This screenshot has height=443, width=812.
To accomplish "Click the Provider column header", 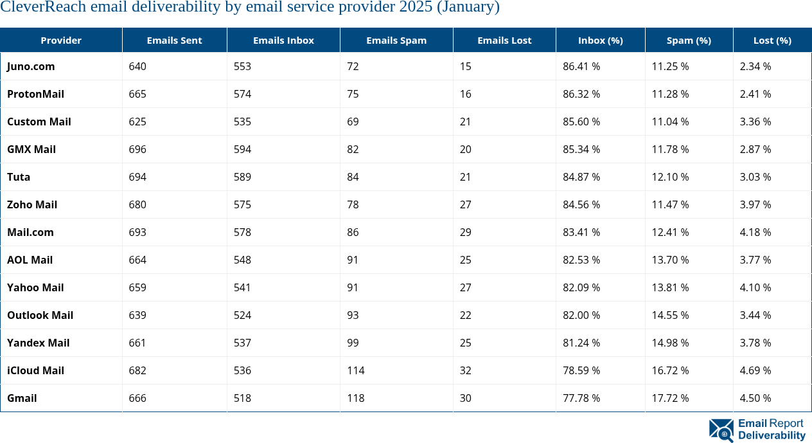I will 61,41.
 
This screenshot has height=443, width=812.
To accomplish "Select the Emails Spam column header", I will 396,41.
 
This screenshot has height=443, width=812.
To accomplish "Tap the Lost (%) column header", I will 772,41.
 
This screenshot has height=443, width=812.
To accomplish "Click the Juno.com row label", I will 31,66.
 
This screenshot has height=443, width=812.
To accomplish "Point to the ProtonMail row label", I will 35,94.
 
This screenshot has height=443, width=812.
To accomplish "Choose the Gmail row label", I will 22,398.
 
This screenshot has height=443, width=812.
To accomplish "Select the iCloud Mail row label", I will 35,370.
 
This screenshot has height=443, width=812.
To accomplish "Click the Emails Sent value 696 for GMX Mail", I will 137,149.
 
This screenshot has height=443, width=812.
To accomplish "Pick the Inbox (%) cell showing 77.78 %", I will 581,398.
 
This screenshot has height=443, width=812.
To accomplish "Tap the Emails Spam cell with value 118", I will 356,398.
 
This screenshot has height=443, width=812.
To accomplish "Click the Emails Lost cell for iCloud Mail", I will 466,370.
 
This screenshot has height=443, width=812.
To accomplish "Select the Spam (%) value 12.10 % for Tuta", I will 670,177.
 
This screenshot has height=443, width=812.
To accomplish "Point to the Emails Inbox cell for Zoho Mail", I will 243,204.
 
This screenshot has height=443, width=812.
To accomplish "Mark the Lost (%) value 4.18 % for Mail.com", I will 755,232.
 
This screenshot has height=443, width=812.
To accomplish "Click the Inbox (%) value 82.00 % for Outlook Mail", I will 581,315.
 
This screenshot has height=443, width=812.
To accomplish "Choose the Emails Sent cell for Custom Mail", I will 137,122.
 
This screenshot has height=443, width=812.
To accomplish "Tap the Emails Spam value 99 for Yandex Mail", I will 353,343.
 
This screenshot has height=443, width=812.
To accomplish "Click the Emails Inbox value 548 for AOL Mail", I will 243,260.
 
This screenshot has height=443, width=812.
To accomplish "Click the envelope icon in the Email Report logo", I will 721,430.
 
